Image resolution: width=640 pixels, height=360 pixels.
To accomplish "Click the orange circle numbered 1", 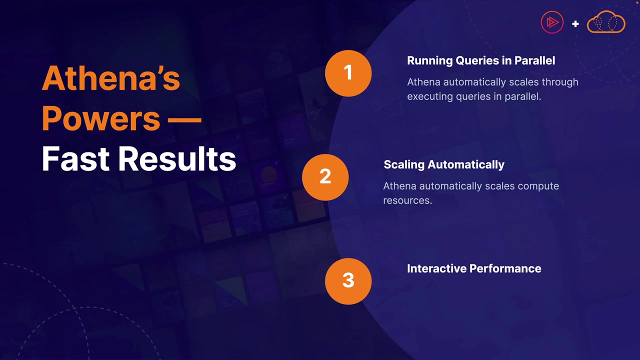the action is click(348, 73).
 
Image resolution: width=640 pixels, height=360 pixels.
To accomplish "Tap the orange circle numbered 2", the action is click(325, 177).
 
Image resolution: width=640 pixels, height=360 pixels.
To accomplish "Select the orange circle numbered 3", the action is click(348, 281).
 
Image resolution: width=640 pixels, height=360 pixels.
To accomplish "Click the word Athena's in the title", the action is click(111, 78).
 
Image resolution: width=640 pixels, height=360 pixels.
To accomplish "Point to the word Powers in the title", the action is click(101, 118).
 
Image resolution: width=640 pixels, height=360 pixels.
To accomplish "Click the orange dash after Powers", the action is click(184, 120).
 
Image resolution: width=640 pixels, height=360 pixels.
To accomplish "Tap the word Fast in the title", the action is click(75, 158).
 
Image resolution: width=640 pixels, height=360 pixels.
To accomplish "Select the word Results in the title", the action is click(177, 158).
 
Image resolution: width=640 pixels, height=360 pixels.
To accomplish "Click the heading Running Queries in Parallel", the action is click(481, 61).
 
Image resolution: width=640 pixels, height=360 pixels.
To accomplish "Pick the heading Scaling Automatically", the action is click(444, 165).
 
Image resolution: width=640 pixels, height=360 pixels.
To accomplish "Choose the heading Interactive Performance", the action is click(474, 268).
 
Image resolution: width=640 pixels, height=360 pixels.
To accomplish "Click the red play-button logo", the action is click(552, 22).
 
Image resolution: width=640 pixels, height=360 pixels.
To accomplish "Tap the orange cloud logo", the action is click(606, 22).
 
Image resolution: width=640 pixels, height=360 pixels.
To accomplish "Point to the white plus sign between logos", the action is click(575, 23).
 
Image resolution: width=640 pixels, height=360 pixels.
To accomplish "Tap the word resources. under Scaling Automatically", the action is click(407, 200).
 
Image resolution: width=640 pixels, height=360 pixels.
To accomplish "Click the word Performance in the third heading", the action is click(505, 268).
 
